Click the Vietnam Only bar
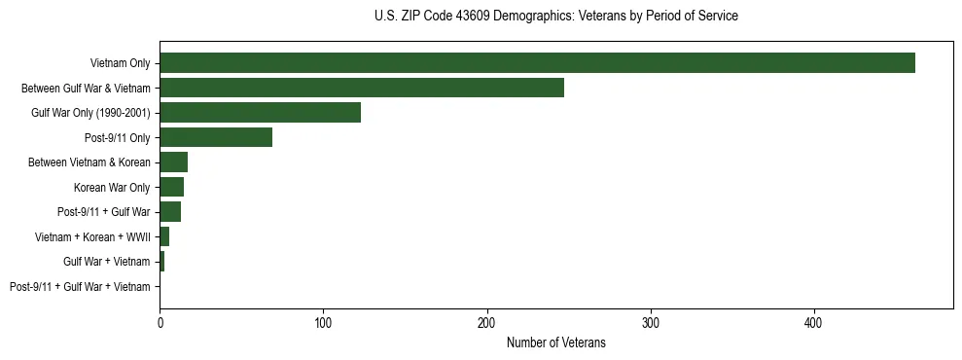tap(537, 63)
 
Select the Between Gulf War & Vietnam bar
tap(362, 88)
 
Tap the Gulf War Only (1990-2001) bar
tap(260, 113)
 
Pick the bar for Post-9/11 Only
tap(216, 137)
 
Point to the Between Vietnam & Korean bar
tap(174, 162)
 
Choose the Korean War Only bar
tap(172, 187)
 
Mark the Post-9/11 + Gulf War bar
tap(170, 212)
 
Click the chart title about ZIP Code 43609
tap(555, 17)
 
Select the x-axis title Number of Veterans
tap(555, 342)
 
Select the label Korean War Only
tap(112, 187)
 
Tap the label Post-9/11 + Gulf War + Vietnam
tap(80, 287)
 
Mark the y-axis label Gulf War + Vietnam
tap(107, 262)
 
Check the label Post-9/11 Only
tap(118, 137)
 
